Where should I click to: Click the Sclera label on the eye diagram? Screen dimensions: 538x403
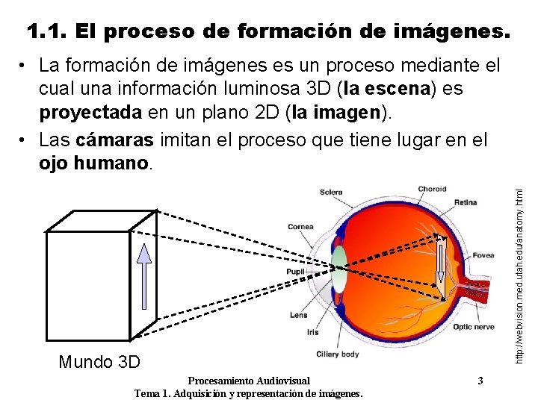click(331, 193)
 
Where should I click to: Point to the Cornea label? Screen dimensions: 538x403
click(300, 227)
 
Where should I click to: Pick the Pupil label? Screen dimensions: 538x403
click(296, 272)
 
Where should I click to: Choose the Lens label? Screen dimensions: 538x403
click(299, 315)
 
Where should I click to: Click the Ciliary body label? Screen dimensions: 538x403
click(338, 354)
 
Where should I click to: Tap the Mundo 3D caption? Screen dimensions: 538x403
click(99, 363)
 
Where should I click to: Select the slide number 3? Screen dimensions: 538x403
click(480, 381)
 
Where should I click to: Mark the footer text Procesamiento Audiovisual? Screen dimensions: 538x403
click(249, 381)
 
